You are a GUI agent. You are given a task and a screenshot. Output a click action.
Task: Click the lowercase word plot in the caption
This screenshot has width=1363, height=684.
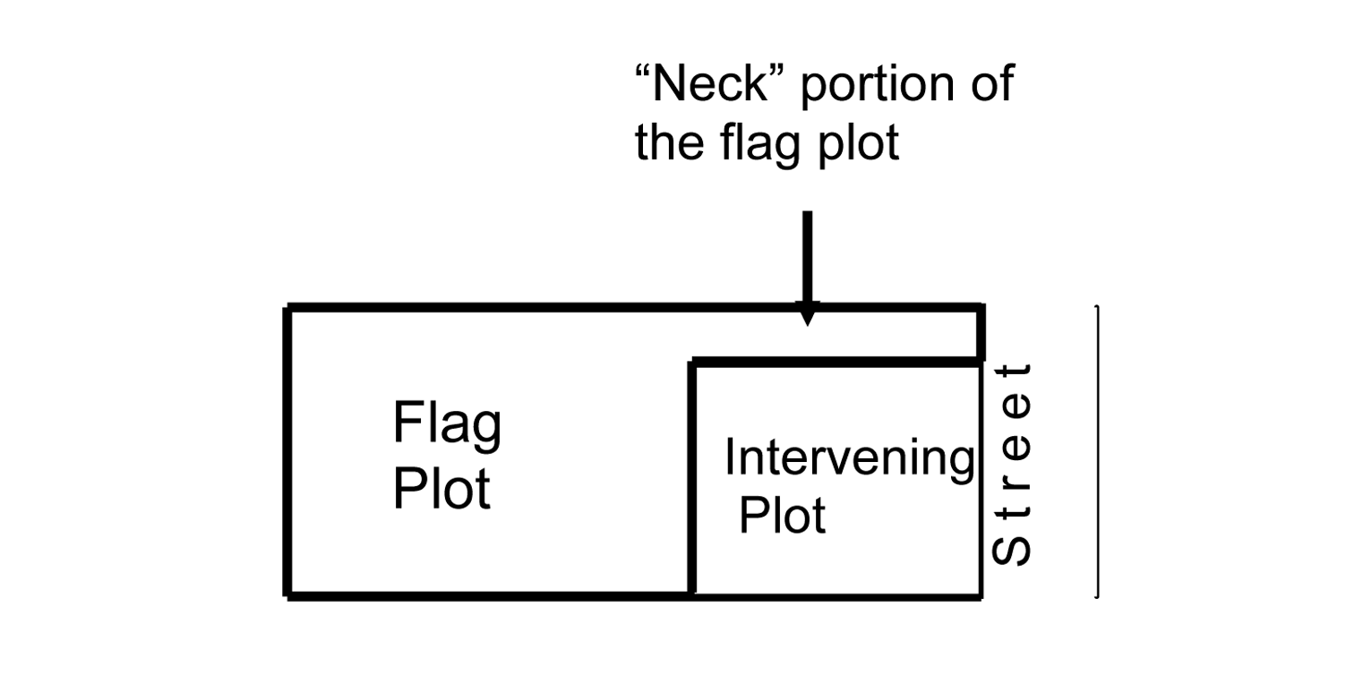[856, 145]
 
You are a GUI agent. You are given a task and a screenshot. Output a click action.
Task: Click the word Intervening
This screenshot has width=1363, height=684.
[848, 459]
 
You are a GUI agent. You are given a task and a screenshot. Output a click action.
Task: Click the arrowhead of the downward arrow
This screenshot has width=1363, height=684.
[807, 314]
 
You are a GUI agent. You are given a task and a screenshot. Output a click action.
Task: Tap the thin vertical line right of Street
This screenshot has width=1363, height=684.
[1096, 450]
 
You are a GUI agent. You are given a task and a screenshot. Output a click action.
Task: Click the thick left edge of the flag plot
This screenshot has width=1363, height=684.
[287, 450]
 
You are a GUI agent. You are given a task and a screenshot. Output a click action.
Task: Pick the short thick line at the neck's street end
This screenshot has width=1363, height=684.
[982, 334]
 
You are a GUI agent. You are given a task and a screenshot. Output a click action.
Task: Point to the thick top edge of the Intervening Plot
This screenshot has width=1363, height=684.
[836, 363]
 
